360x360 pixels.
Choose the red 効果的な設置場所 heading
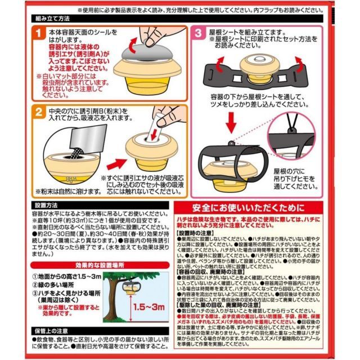click(x=92, y=264)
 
